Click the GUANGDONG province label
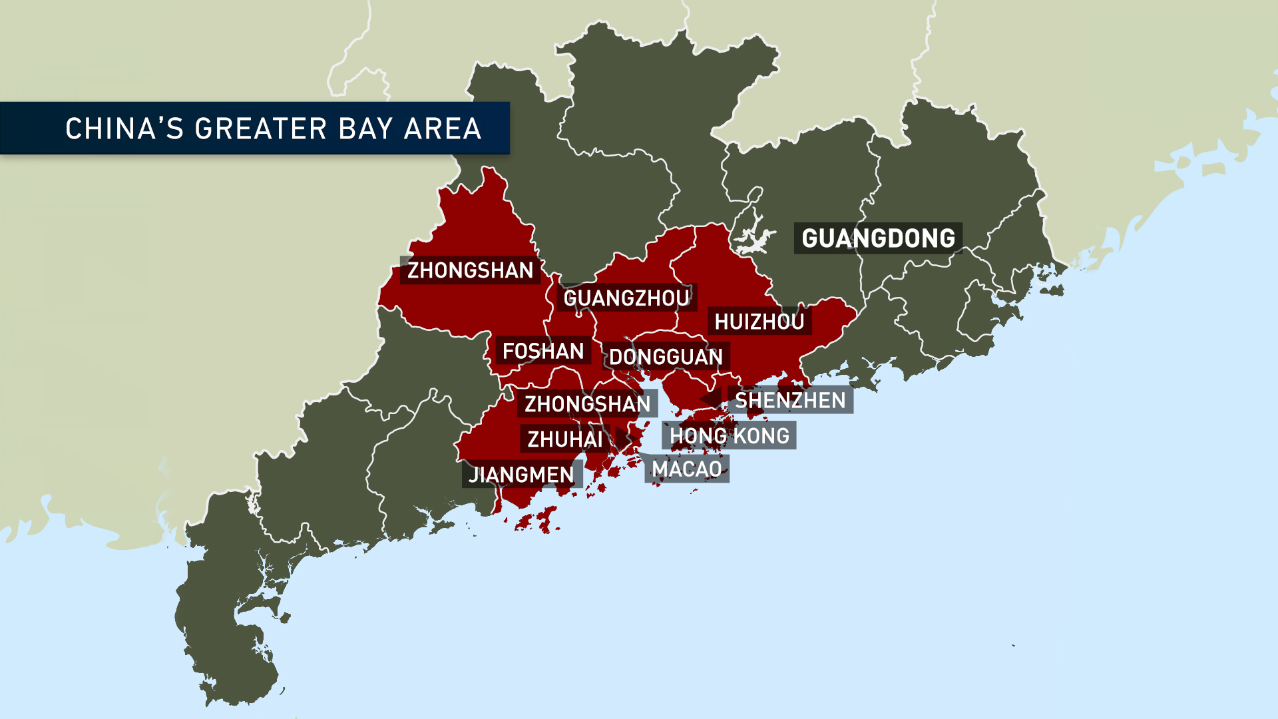tap(877, 238)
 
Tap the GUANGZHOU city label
tap(626, 298)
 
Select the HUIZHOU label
tap(759, 322)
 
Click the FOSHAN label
tap(542, 351)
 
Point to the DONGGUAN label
tap(666, 357)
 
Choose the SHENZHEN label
tap(790, 400)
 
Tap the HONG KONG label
tap(729, 436)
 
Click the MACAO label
tap(687, 469)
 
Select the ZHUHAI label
tap(564, 439)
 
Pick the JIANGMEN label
tap(521, 475)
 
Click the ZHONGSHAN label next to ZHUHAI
tap(587, 404)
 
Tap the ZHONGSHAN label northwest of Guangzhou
tap(470, 270)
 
